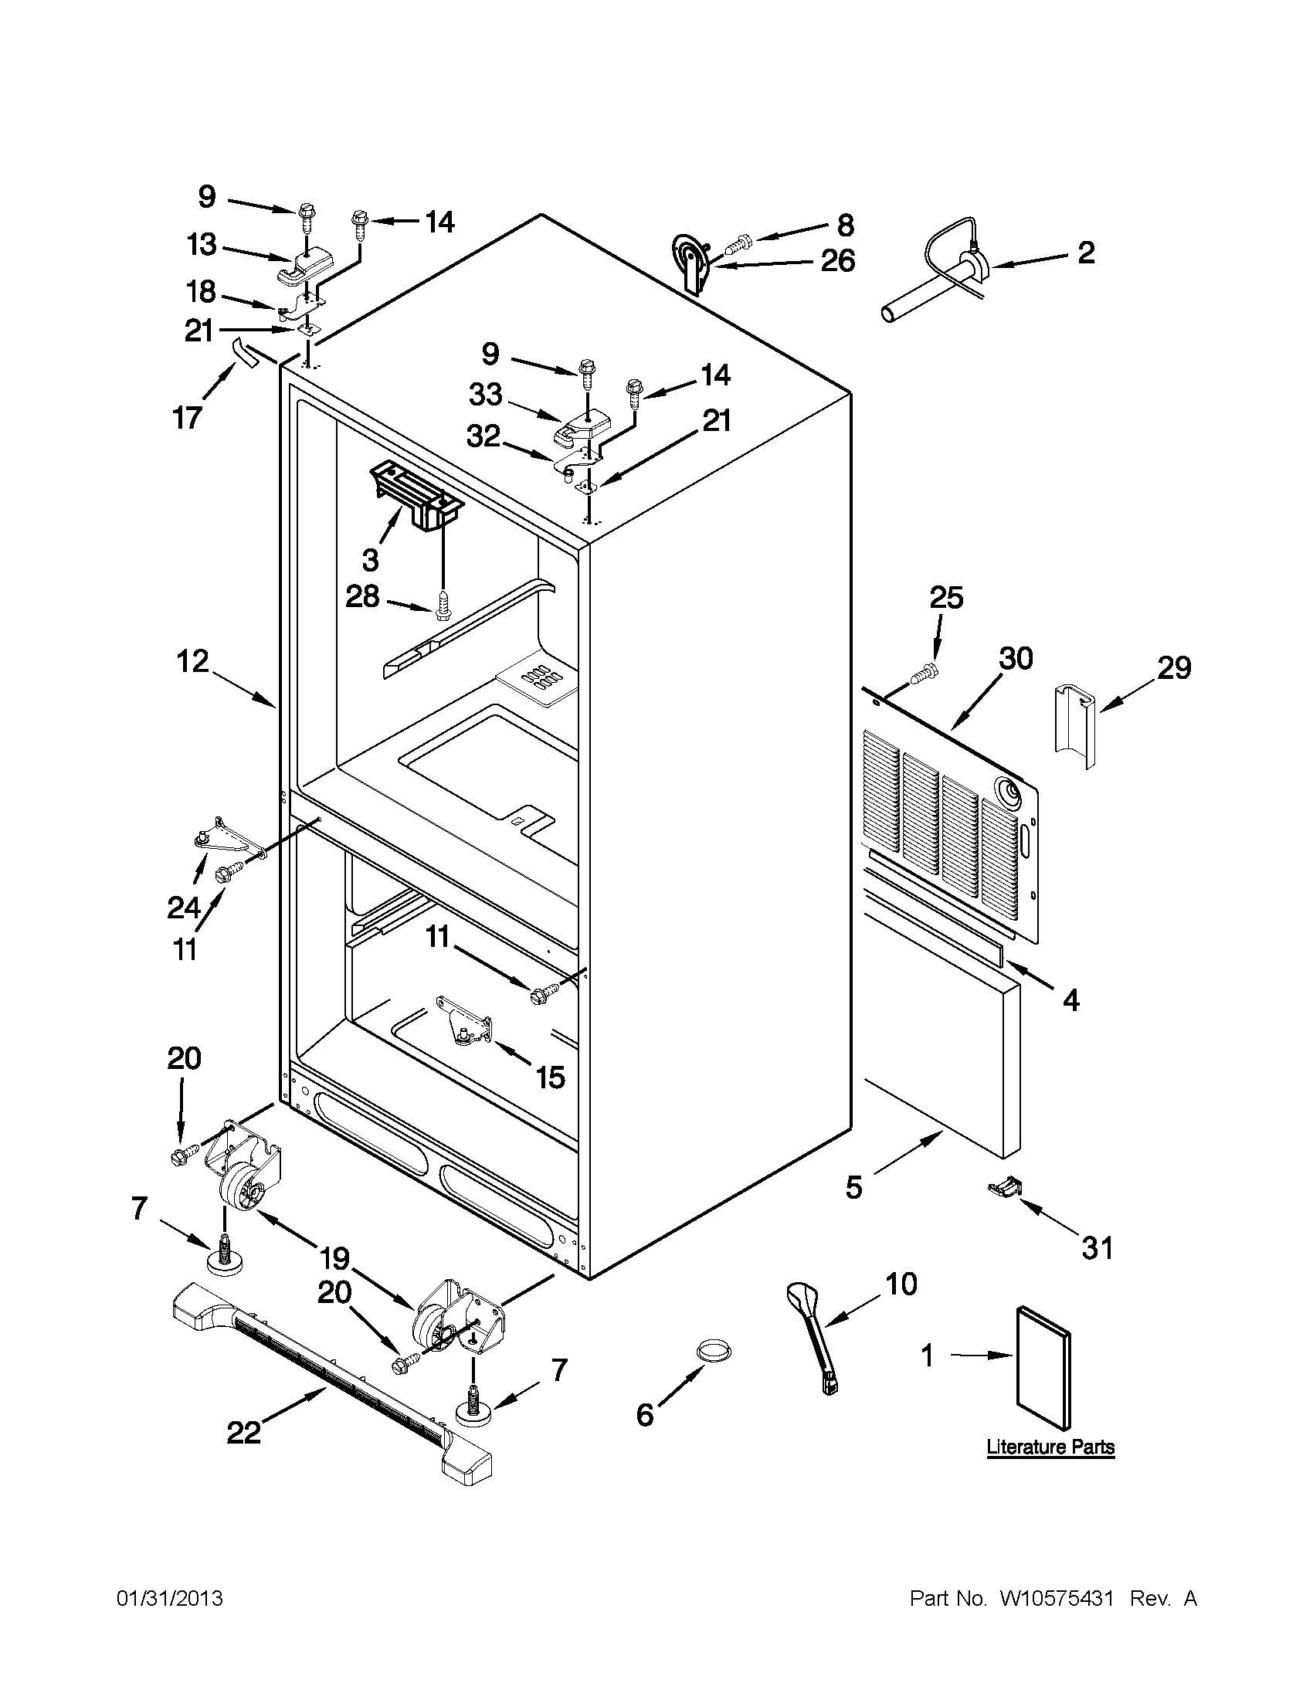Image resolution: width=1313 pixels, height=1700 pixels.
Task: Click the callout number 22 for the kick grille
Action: (x=243, y=1433)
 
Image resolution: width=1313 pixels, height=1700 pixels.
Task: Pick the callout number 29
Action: (x=1174, y=667)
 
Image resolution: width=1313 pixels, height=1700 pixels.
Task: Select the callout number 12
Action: (x=192, y=662)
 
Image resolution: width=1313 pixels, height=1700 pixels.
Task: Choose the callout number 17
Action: (x=188, y=418)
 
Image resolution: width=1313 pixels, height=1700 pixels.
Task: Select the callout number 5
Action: (x=853, y=1187)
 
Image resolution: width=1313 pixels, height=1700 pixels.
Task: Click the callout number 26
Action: (x=837, y=261)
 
